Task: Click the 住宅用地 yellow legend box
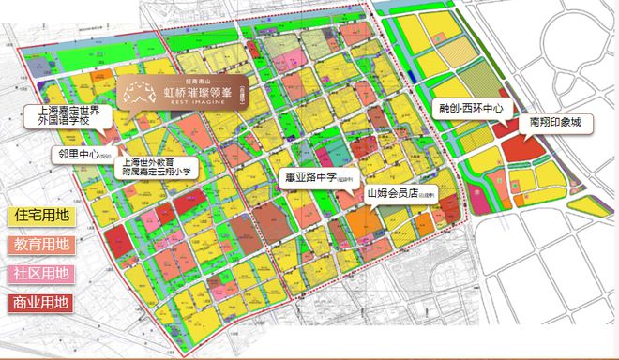pos(40,216)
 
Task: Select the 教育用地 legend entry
pos(40,245)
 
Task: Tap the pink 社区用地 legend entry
pos(40,274)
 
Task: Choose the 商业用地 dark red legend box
pos(40,303)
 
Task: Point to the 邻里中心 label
pos(84,153)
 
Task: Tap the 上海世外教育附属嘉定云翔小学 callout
pos(155,166)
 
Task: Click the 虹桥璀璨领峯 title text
pos(197,93)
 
